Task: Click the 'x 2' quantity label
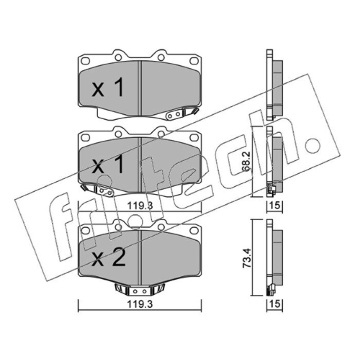pos(108,258)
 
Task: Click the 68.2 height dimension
pos(246,162)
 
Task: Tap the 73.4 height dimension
pos(247,258)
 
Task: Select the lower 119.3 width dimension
pos(140,305)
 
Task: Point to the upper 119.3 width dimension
pos(140,206)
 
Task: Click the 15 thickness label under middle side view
pos(275,205)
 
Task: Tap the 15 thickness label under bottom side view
pos(275,304)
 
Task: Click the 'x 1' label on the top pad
pos(108,87)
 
